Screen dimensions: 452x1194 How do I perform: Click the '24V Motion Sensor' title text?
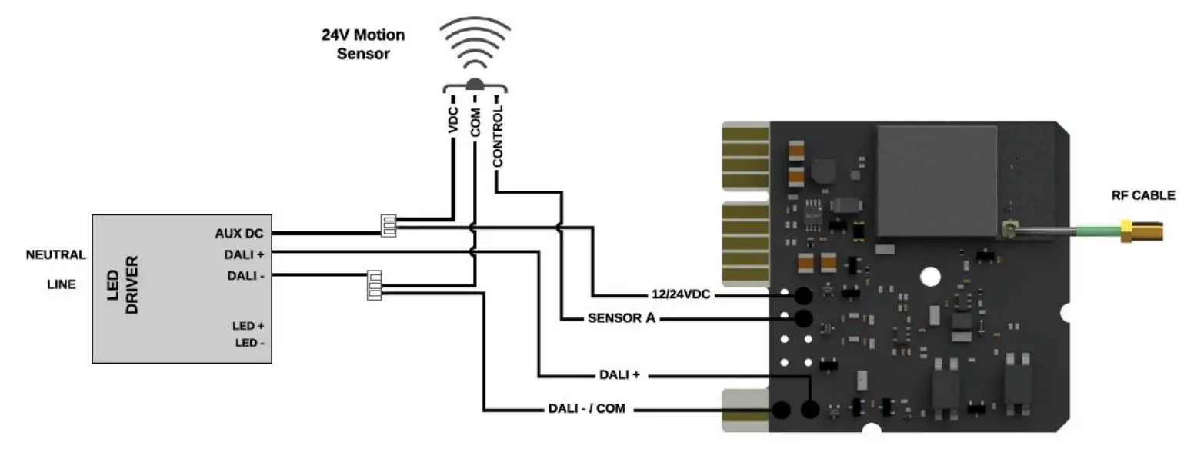pos(362,45)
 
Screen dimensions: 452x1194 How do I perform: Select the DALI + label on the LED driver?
pos(245,254)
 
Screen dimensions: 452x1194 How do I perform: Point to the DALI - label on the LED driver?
pos(245,275)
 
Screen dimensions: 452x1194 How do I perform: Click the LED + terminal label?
pos(248,326)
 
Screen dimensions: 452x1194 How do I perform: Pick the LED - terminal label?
pos(249,343)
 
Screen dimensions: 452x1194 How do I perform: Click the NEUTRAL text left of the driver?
pos(55,255)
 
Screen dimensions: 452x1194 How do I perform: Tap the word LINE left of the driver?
pos(61,284)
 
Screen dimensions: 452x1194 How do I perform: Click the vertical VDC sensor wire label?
pos(453,121)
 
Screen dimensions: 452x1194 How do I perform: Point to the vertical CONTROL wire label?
pos(498,137)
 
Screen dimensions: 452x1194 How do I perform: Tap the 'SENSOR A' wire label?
pos(622,318)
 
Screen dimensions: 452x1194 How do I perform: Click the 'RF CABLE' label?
pos(1142,195)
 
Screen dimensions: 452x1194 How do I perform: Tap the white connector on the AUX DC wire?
pos(389,224)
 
